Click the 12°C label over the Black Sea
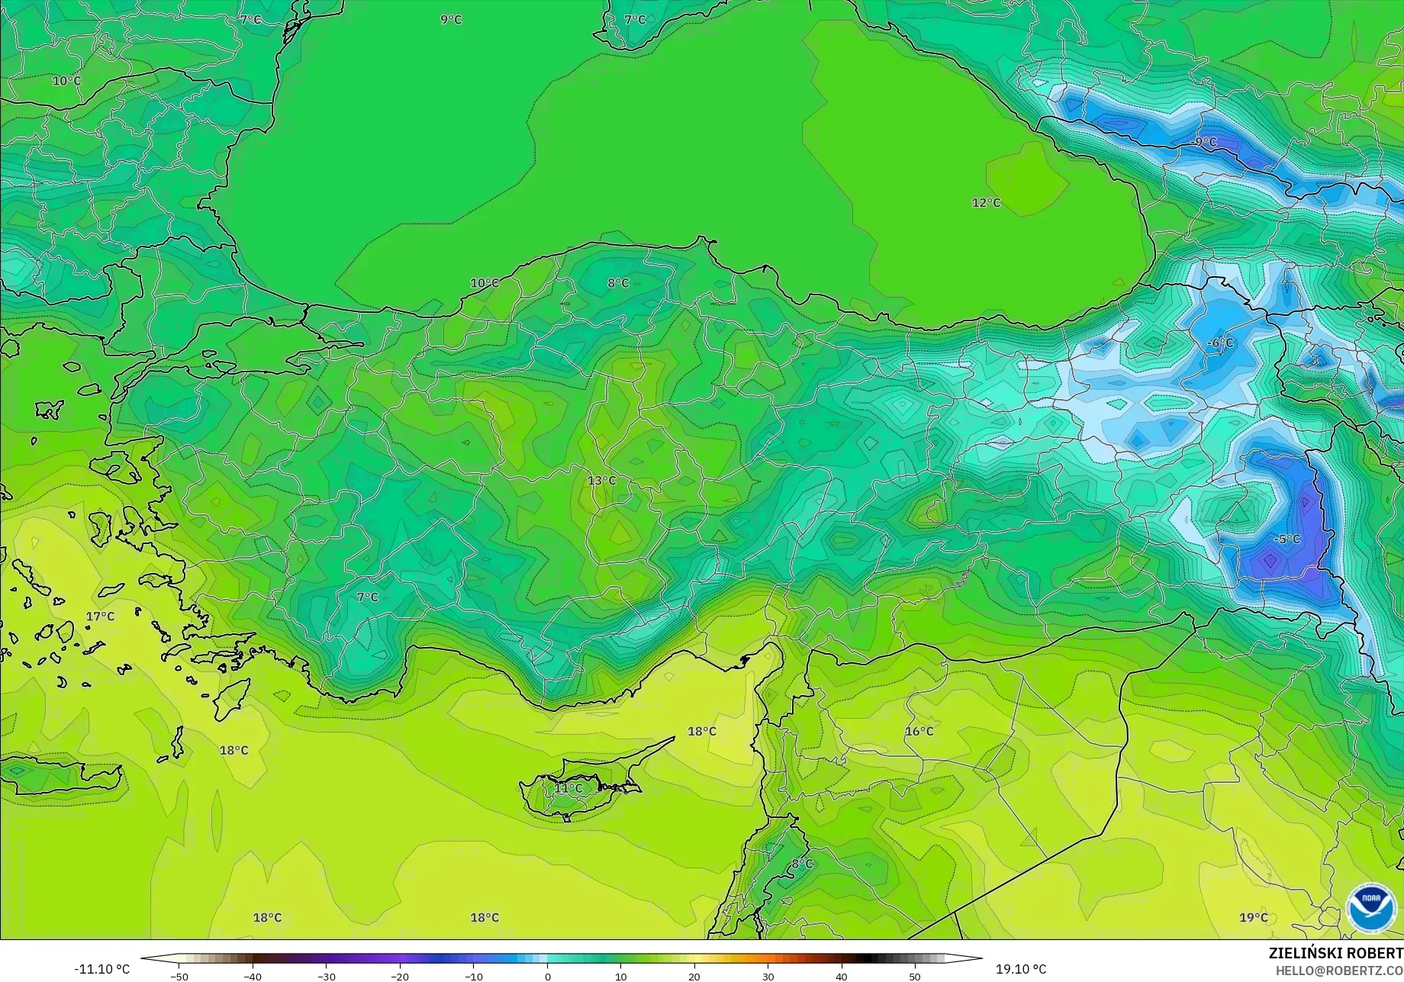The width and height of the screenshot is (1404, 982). pyautogui.click(x=986, y=203)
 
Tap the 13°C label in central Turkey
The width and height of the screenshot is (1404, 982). pyautogui.click(x=601, y=481)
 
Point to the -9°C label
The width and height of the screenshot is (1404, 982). pyautogui.click(x=1205, y=143)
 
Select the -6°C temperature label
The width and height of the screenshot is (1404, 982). pyautogui.click(x=1221, y=343)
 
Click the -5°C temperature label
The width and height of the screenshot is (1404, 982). pyautogui.click(x=1286, y=539)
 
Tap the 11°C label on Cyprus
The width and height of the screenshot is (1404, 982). pyautogui.click(x=568, y=788)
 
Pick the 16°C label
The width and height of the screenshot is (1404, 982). pyautogui.click(x=919, y=731)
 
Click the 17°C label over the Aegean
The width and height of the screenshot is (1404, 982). pyautogui.click(x=100, y=617)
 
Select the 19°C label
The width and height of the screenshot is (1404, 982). pyautogui.click(x=1254, y=917)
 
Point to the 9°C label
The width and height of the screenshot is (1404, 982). pyautogui.click(x=451, y=20)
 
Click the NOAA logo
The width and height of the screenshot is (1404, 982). pyautogui.click(x=1370, y=908)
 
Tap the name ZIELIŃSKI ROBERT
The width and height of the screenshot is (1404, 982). pyautogui.click(x=1335, y=953)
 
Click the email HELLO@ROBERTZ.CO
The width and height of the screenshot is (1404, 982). pyautogui.click(x=1339, y=970)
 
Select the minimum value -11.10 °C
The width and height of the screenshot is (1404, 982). pyautogui.click(x=101, y=969)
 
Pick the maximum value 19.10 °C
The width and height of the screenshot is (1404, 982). pyautogui.click(x=1021, y=969)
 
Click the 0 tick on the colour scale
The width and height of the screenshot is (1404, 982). pyautogui.click(x=547, y=976)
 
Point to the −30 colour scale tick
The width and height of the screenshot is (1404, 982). pyautogui.click(x=326, y=976)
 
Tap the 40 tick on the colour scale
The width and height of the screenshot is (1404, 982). pyautogui.click(x=841, y=976)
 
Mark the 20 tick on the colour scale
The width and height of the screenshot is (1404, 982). pyautogui.click(x=694, y=976)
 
